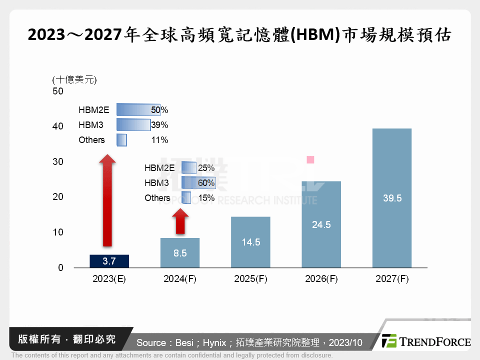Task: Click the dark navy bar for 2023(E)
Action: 109,261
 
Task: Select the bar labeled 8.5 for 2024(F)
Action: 180,252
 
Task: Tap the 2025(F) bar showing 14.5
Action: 250,242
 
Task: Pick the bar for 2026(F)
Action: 321,224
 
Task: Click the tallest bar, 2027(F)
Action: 392,198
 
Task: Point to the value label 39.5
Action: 392,198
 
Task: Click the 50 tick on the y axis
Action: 58,91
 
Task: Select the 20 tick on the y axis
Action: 58,197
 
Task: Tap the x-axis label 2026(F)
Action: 321,279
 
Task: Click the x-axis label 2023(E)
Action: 109,279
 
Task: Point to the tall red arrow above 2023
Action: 107,200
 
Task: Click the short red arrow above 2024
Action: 180,221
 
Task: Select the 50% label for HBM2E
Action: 159,110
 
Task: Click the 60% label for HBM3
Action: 206,183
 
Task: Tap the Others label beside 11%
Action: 91,140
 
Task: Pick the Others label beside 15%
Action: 157,198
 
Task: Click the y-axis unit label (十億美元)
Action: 74,79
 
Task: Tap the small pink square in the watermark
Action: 310,159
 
